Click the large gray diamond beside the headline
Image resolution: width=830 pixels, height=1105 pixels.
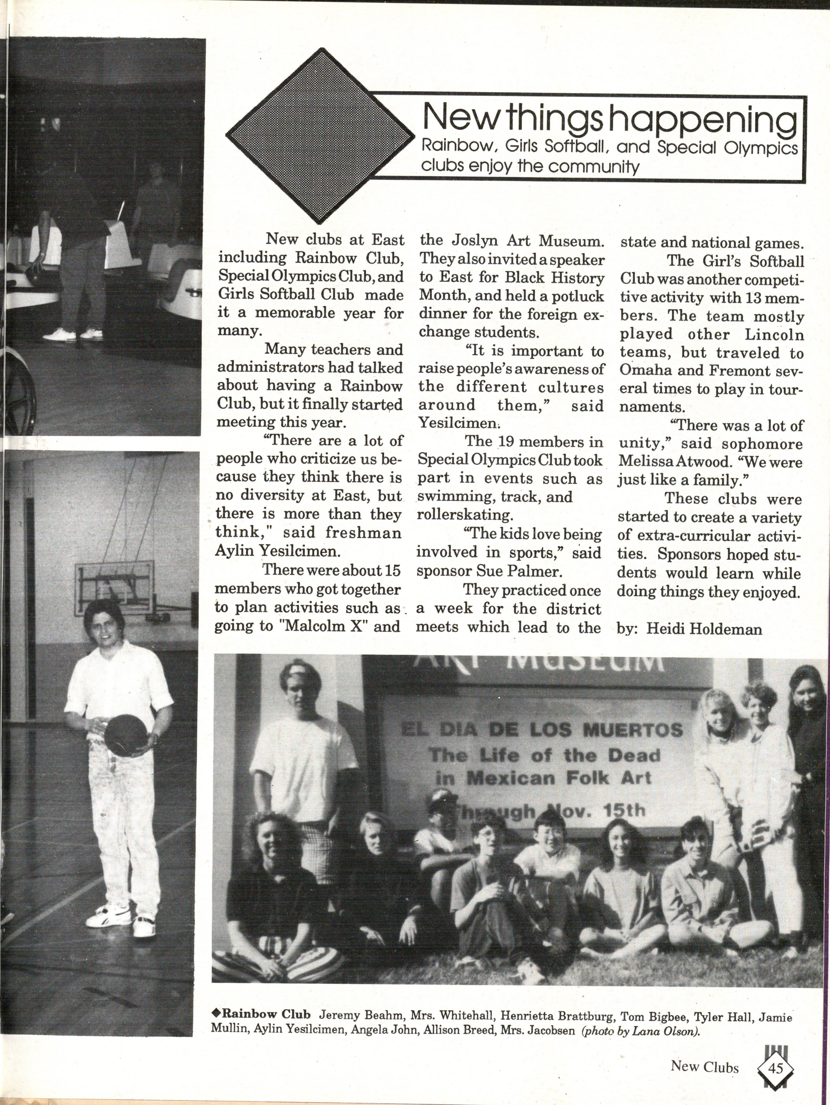[320, 135]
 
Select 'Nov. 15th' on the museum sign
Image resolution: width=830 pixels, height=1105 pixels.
[595, 810]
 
